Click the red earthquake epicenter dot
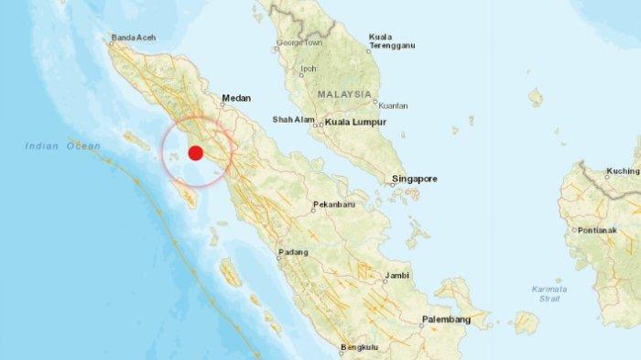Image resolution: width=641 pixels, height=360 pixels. pyautogui.click(x=195, y=153)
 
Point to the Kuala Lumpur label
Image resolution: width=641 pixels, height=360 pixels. pyautogui.click(x=354, y=121)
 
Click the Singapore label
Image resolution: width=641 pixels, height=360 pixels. pyautogui.click(x=415, y=178)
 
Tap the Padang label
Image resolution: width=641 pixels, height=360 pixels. pyautogui.click(x=294, y=252)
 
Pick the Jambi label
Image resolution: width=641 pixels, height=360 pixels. pyautogui.click(x=396, y=275)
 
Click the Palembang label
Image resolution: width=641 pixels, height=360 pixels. pyautogui.click(x=446, y=319)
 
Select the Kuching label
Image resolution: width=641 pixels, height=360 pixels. pyautogui.click(x=622, y=171)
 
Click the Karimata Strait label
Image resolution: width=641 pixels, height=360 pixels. pyautogui.click(x=549, y=294)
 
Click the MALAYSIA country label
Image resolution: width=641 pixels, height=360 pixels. pyautogui.click(x=345, y=94)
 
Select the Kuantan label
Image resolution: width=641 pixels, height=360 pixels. pyautogui.click(x=392, y=105)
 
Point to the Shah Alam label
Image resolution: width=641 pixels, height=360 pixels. pyautogui.click(x=293, y=120)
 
